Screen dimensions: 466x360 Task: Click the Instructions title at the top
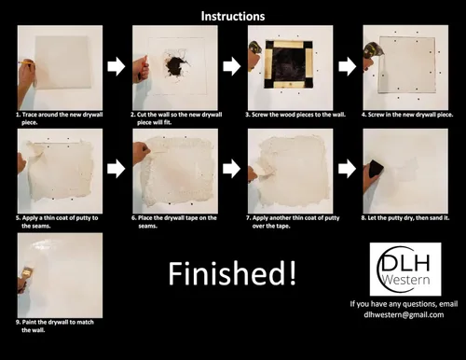(233, 16)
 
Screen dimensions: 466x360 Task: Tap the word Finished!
(232, 273)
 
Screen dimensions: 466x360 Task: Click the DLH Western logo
(405, 269)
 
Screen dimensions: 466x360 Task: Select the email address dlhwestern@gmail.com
(404, 314)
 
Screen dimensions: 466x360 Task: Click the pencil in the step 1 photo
(26, 63)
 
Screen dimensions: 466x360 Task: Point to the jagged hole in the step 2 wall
(176, 64)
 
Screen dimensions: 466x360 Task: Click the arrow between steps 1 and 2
(116, 66)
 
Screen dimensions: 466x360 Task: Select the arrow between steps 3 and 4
(348, 66)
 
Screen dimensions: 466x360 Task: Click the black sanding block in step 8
(376, 169)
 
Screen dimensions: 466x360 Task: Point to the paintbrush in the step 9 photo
(27, 274)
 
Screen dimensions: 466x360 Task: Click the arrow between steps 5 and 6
(116, 169)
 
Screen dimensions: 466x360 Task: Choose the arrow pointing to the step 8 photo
(348, 169)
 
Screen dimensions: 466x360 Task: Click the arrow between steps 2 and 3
(232, 66)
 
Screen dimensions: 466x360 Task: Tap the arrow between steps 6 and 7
(232, 169)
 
